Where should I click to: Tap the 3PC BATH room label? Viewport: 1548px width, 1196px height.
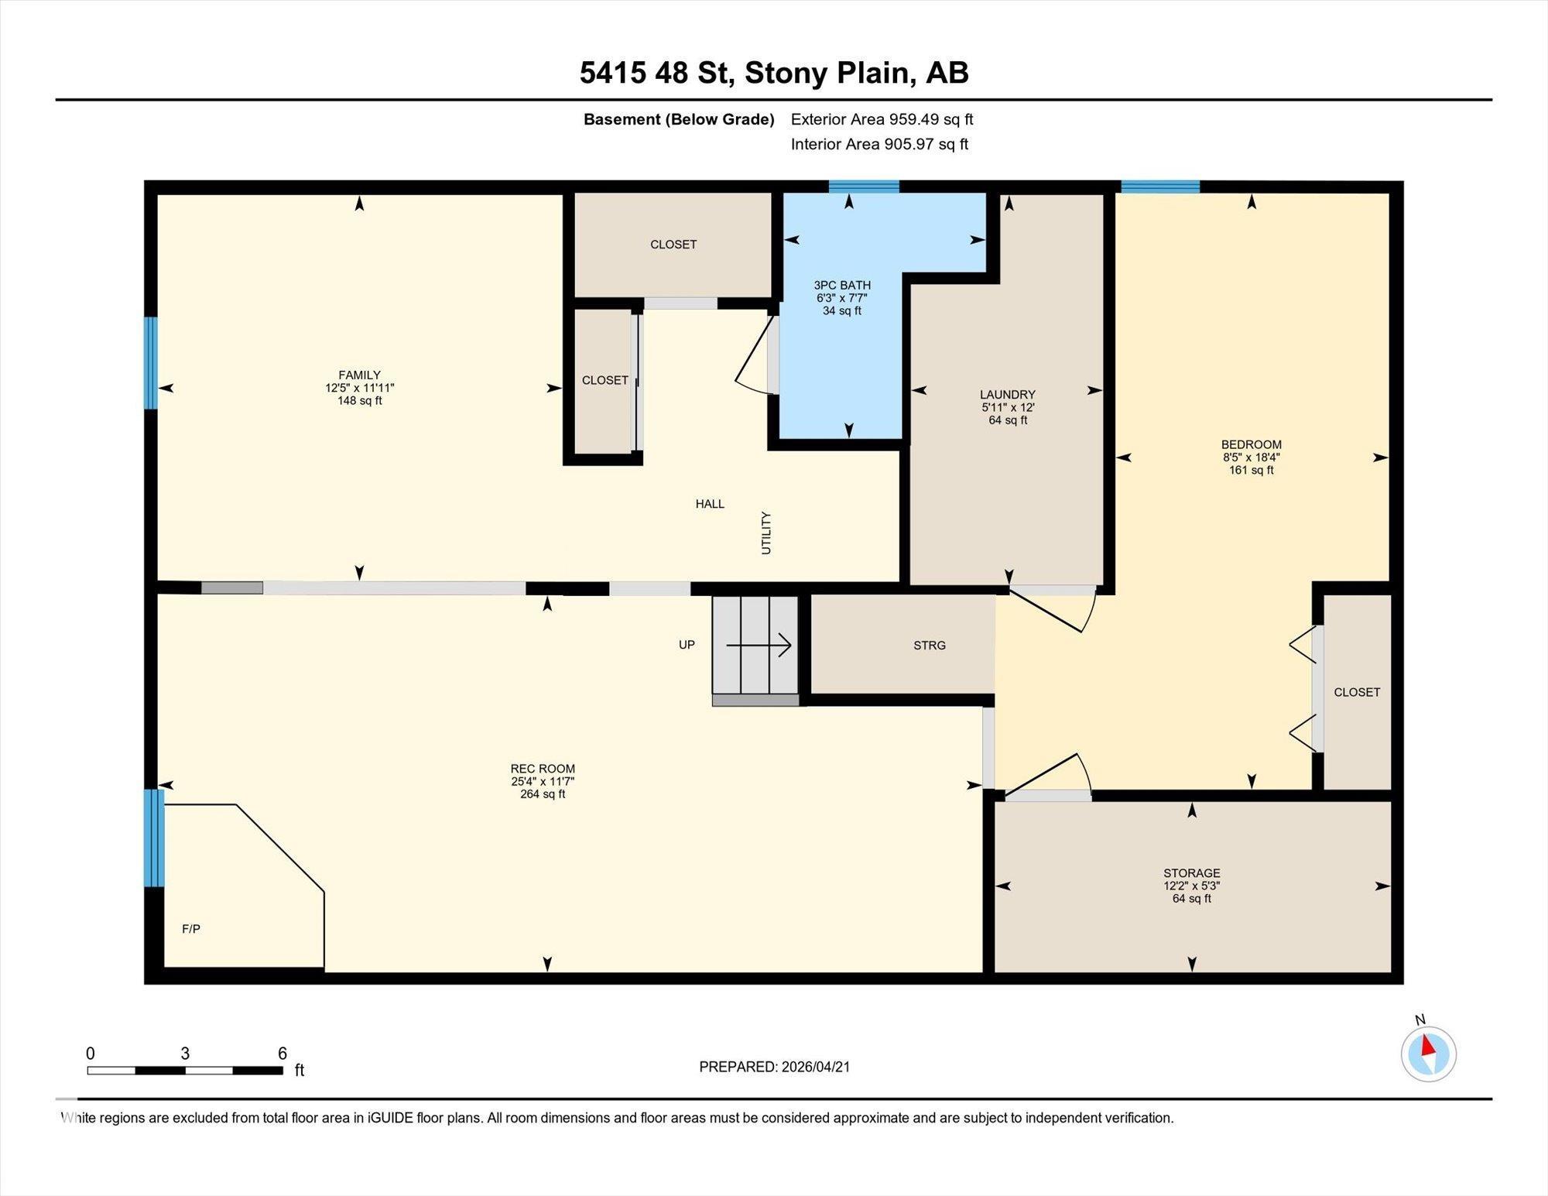[x=842, y=285]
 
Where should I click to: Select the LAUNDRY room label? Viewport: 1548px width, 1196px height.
[x=1007, y=394]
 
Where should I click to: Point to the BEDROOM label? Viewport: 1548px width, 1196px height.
[x=1252, y=444]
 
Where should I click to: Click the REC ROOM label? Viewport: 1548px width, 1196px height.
[x=543, y=769]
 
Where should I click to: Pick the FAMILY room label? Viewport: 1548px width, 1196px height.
[x=359, y=375]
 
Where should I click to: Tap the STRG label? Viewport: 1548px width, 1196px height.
[x=930, y=645]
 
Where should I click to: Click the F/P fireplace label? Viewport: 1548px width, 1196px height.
[x=191, y=928]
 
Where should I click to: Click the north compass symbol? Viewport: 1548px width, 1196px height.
[x=1428, y=1053]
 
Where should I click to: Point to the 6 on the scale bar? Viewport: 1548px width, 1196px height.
[x=283, y=1053]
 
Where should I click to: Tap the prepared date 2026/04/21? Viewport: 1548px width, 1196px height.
[x=816, y=1067]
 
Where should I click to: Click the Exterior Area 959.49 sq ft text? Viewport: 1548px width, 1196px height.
[x=882, y=119]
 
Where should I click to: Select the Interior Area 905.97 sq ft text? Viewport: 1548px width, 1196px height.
[x=879, y=144]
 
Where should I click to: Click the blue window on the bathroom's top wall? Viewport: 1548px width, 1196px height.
[x=864, y=186]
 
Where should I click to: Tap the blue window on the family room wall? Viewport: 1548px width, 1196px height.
[x=151, y=363]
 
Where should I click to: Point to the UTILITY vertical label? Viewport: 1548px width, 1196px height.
[x=766, y=533]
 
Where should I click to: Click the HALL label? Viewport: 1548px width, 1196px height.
[x=710, y=504]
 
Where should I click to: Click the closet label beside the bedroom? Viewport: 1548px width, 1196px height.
[x=1357, y=692]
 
